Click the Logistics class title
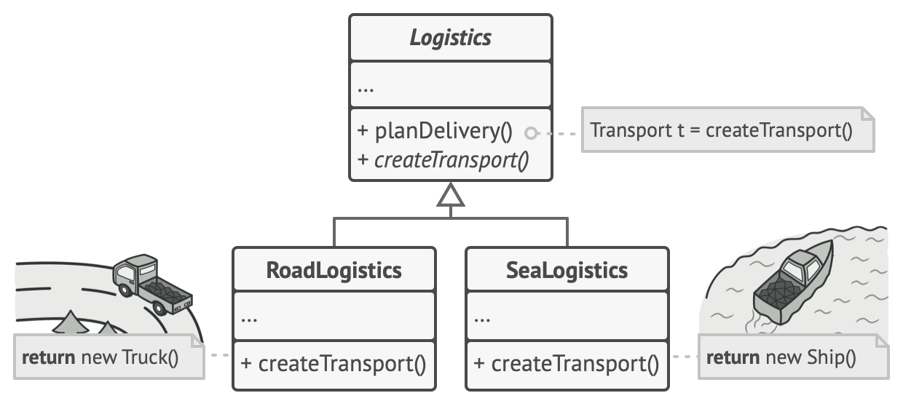click(450, 38)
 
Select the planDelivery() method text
click(435, 132)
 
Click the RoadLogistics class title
click(334, 271)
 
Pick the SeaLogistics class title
click(567, 271)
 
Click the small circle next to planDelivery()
click(532, 133)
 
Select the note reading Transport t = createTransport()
click(721, 131)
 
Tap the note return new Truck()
click(102, 357)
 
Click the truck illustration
click(151, 284)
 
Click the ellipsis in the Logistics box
click(366, 89)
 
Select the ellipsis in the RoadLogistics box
click(249, 319)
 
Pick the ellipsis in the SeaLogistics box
click(482, 319)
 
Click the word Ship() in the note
click(832, 357)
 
